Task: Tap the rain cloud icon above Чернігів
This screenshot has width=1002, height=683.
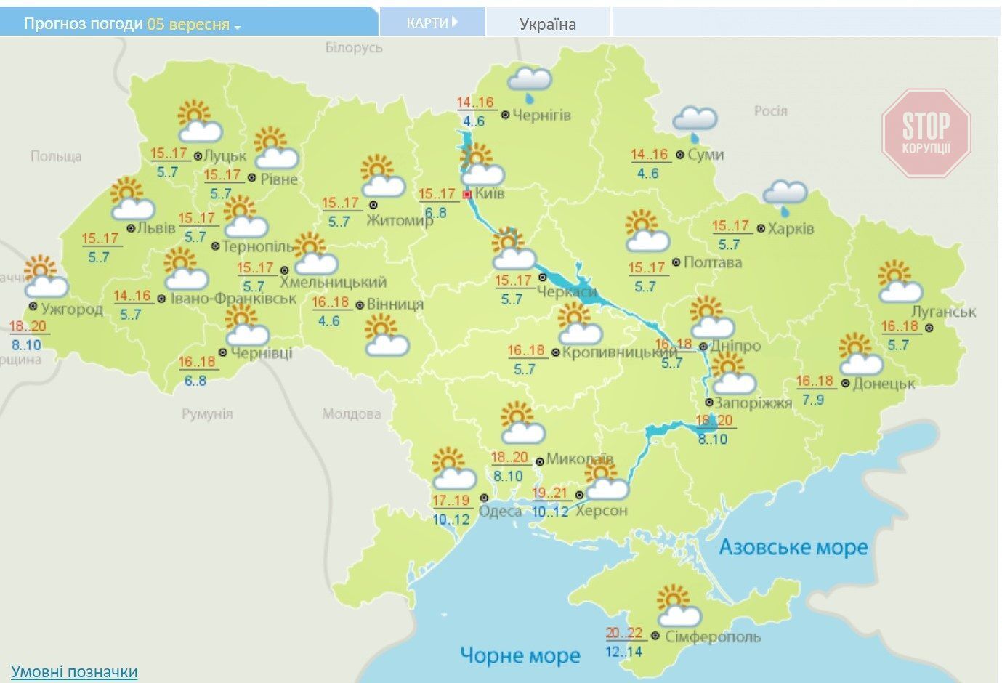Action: tap(530, 82)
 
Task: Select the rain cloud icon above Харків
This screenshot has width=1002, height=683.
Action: tap(785, 195)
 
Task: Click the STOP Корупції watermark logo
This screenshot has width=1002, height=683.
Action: tap(926, 133)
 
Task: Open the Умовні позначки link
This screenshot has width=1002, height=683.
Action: tap(74, 671)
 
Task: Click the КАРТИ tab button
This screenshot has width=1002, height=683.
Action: tap(432, 23)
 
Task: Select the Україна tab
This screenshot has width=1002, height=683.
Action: tap(548, 24)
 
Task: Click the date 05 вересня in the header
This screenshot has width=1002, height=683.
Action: tap(188, 24)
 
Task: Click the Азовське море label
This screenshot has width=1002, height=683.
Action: tap(793, 547)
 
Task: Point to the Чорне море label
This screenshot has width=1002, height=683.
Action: tap(520, 655)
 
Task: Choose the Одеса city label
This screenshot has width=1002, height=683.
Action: tap(500, 512)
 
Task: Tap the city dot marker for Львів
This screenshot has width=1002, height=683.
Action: tap(131, 227)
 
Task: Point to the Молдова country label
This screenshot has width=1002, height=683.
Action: tap(352, 414)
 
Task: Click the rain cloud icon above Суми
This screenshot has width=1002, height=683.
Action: tap(695, 122)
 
